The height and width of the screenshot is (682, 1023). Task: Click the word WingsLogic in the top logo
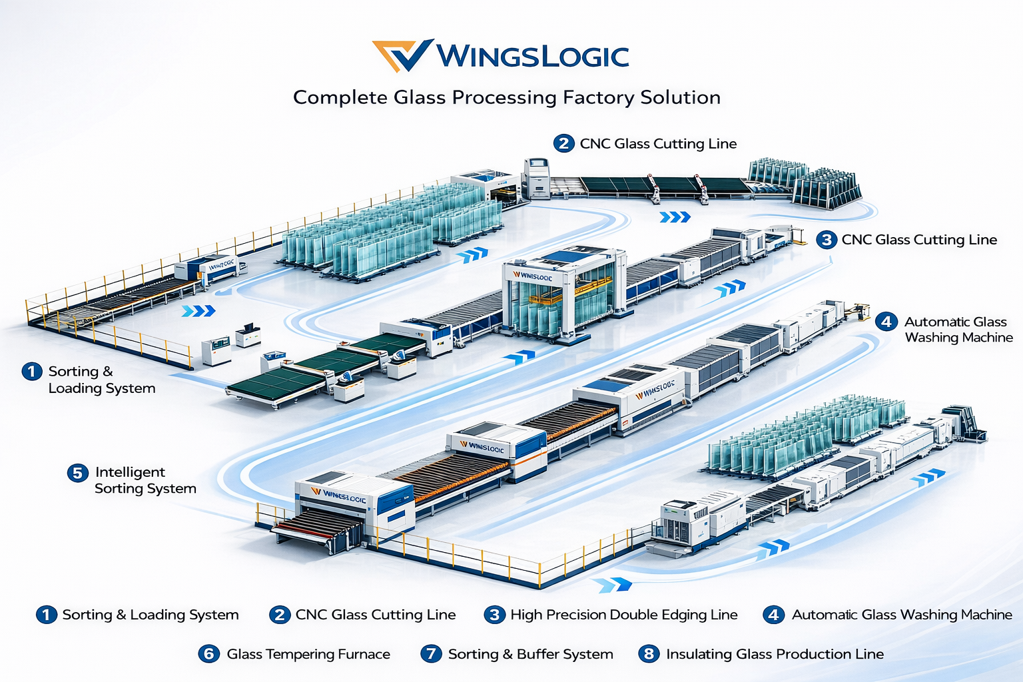532,57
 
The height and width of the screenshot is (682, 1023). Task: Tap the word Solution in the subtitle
680,98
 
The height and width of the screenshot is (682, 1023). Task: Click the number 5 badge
77,473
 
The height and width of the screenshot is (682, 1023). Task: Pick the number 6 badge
208,654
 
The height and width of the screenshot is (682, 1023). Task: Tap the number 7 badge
431,654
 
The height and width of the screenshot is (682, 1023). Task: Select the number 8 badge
649,654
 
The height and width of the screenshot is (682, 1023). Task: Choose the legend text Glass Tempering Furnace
308,654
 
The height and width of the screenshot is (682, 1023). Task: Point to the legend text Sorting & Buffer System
530,654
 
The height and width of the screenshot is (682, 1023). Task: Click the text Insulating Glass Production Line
775,654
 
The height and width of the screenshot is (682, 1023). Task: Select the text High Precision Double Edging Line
624,615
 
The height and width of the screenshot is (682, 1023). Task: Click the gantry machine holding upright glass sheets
563,293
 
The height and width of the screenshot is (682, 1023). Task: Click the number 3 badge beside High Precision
494,615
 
